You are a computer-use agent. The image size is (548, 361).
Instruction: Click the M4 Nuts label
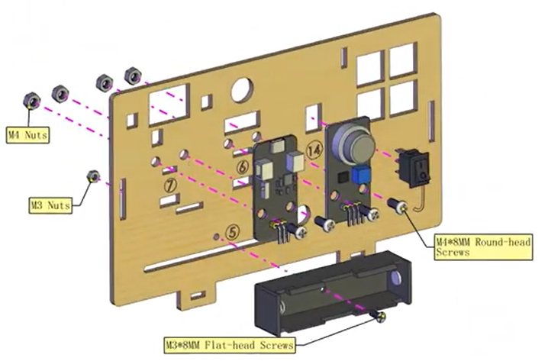[28, 135]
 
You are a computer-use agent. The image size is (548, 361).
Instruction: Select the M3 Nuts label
[51, 205]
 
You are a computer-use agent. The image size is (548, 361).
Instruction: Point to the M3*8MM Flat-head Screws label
[228, 346]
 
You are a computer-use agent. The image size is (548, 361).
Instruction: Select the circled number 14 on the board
[314, 151]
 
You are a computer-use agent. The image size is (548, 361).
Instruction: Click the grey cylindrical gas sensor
[350, 141]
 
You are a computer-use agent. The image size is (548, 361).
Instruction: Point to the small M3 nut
[93, 176]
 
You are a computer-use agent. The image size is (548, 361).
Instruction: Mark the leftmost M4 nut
[32, 100]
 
